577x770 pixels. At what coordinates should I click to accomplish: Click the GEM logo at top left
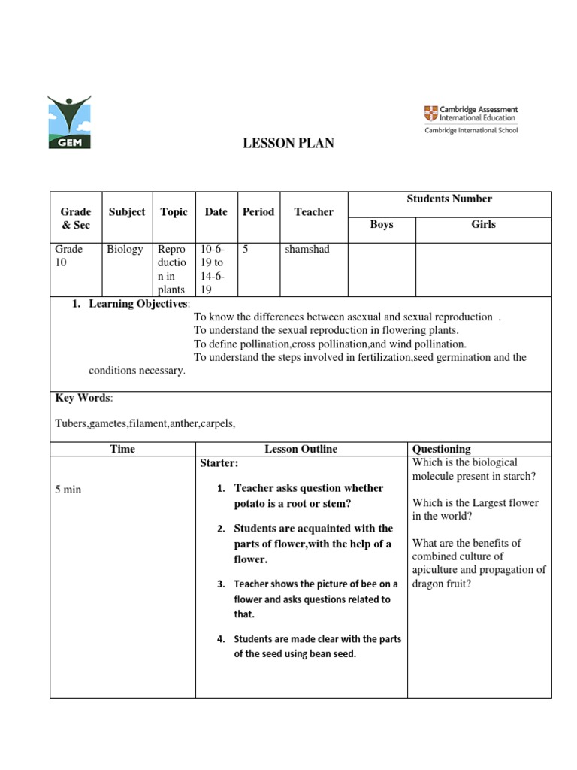[x=68, y=122]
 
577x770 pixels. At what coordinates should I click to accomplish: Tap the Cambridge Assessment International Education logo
[x=470, y=119]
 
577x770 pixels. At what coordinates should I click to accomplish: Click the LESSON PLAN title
[x=288, y=144]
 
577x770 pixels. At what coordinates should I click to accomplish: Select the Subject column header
[x=126, y=212]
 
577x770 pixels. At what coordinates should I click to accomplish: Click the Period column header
[x=258, y=212]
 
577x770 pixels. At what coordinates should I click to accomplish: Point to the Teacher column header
[x=313, y=212]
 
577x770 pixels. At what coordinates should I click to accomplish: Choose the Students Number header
[x=449, y=199]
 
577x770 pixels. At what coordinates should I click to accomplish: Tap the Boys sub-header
[x=382, y=224]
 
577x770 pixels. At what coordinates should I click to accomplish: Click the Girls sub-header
[x=483, y=224]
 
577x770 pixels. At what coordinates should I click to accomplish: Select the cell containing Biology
[x=124, y=249]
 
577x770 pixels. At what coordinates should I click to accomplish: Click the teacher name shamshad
[x=307, y=249]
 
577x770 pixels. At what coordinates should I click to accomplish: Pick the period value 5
[x=245, y=249]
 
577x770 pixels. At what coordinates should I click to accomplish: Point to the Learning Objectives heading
[x=139, y=303]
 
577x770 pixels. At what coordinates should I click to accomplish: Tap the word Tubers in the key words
[x=71, y=423]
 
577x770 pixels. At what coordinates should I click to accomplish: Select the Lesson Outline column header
[x=301, y=449]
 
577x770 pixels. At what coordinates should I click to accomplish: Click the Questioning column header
[x=442, y=449]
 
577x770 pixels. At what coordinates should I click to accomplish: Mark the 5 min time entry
[x=68, y=490]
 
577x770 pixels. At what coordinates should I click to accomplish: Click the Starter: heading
[x=219, y=462]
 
